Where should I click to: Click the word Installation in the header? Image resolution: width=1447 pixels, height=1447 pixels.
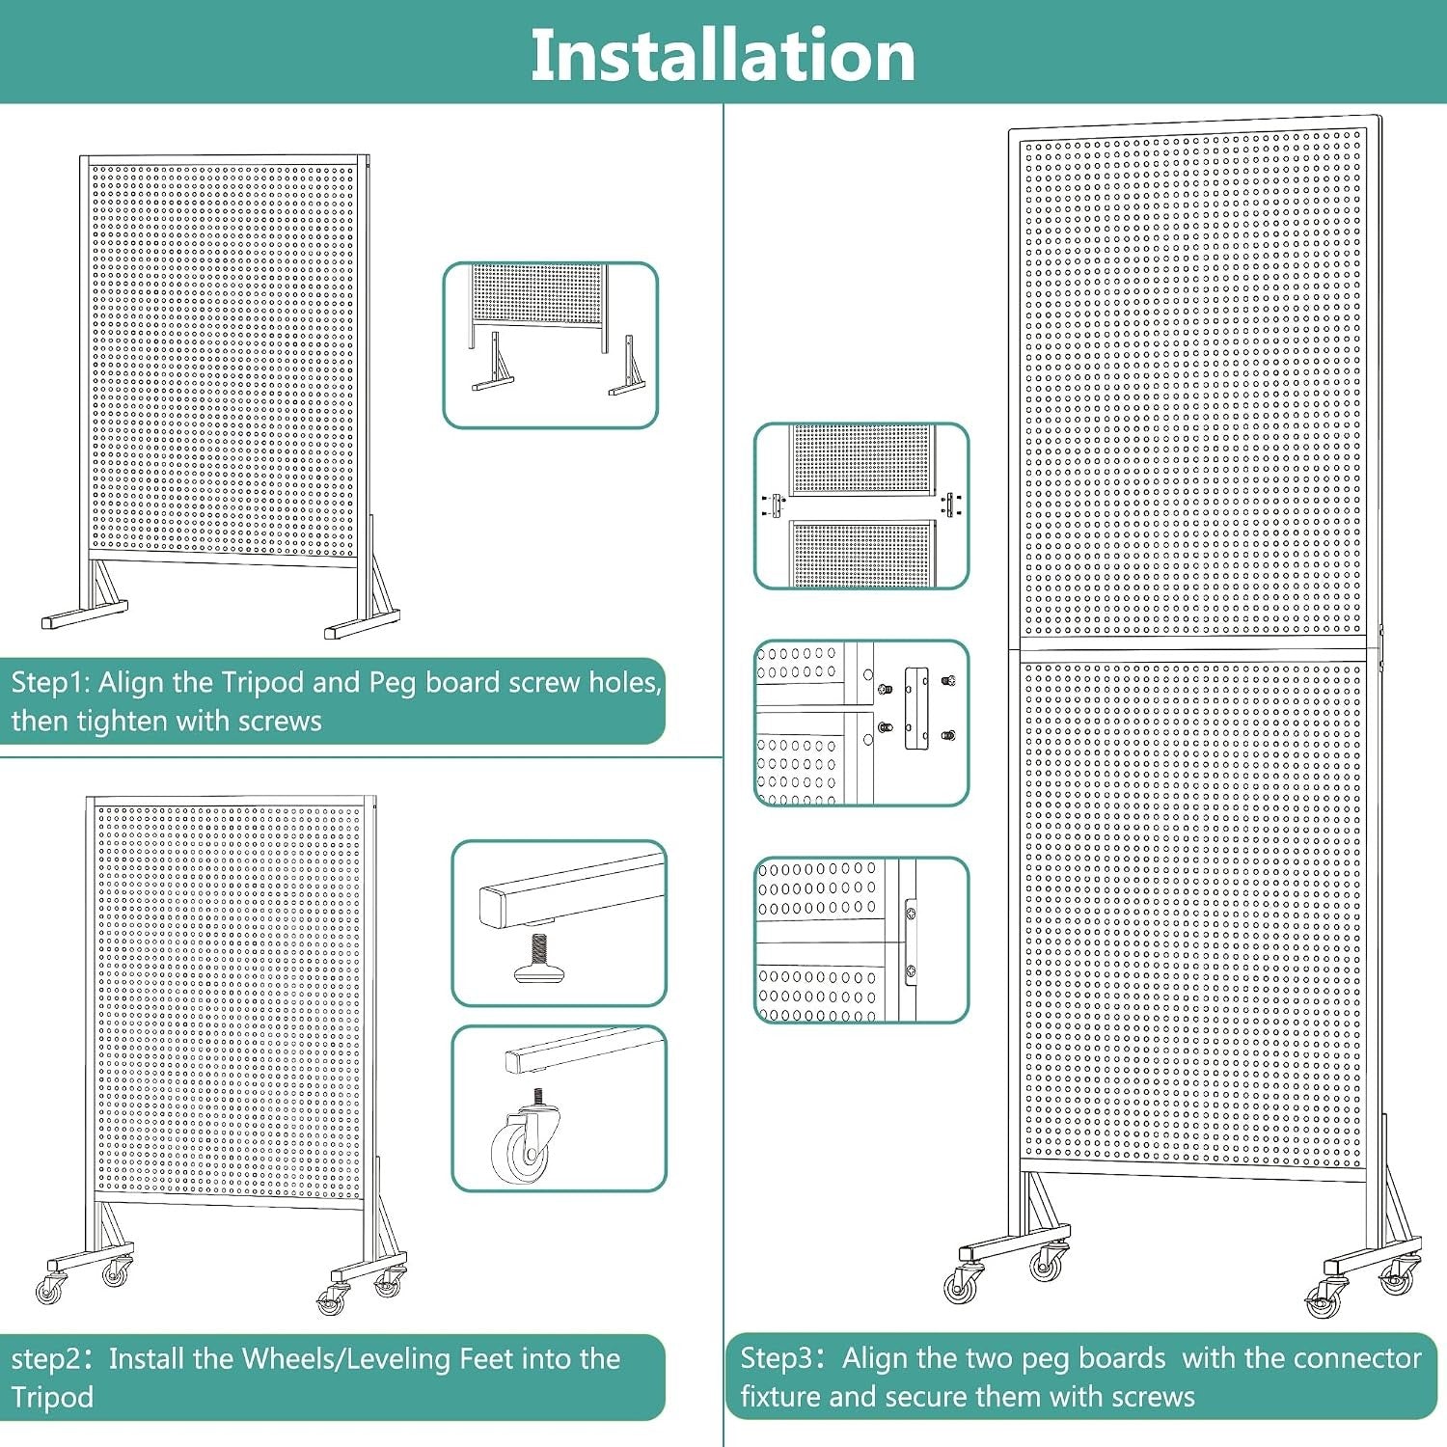coord(723,55)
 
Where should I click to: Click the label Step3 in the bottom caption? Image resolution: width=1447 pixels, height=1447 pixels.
coord(778,1359)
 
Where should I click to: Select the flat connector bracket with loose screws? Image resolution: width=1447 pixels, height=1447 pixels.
coord(916,709)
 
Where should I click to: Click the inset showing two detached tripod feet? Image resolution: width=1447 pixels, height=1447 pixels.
coord(551,344)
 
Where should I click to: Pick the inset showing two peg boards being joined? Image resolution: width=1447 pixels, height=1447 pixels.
coord(861,505)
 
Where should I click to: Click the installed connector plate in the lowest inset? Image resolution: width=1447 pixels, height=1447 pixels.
coord(910,941)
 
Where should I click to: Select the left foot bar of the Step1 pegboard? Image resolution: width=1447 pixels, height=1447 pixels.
coord(85,614)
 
